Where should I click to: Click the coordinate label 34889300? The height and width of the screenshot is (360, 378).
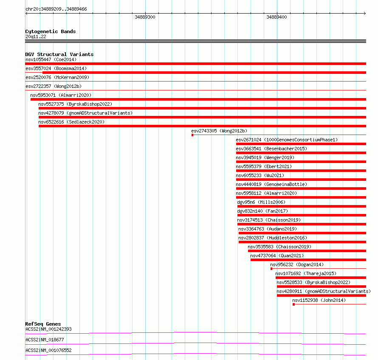(145, 17)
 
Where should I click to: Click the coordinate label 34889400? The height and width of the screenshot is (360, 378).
(276, 17)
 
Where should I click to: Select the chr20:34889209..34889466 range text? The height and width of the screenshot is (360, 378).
(56, 9)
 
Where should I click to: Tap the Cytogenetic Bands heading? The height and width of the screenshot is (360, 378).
(50, 31)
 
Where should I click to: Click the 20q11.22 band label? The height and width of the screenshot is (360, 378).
(36, 37)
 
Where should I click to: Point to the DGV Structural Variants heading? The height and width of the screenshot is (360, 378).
(59, 54)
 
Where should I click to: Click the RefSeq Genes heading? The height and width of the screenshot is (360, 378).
(43, 324)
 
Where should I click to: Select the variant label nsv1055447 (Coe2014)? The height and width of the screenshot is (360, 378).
(51, 59)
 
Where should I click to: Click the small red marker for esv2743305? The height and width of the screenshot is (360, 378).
(192, 135)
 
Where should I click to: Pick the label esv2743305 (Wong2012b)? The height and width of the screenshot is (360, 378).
(219, 131)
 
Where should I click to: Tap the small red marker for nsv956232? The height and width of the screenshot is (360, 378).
(271, 268)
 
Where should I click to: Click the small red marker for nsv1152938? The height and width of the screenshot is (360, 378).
(293, 304)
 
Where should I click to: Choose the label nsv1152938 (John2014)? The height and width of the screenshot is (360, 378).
(319, 300)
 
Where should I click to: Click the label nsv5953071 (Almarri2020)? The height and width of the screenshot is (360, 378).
(61, 95)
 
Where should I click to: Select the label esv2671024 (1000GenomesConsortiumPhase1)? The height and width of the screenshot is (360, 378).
(287, 140)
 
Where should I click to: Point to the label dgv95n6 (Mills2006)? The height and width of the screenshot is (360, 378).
(261, 202)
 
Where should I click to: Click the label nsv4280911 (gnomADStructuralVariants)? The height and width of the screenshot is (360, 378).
(324, 291)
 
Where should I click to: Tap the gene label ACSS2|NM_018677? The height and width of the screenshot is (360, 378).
(45, 340)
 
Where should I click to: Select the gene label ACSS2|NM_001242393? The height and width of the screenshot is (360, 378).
(48, 329)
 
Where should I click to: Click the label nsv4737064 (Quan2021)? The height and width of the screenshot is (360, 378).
(277, 256)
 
